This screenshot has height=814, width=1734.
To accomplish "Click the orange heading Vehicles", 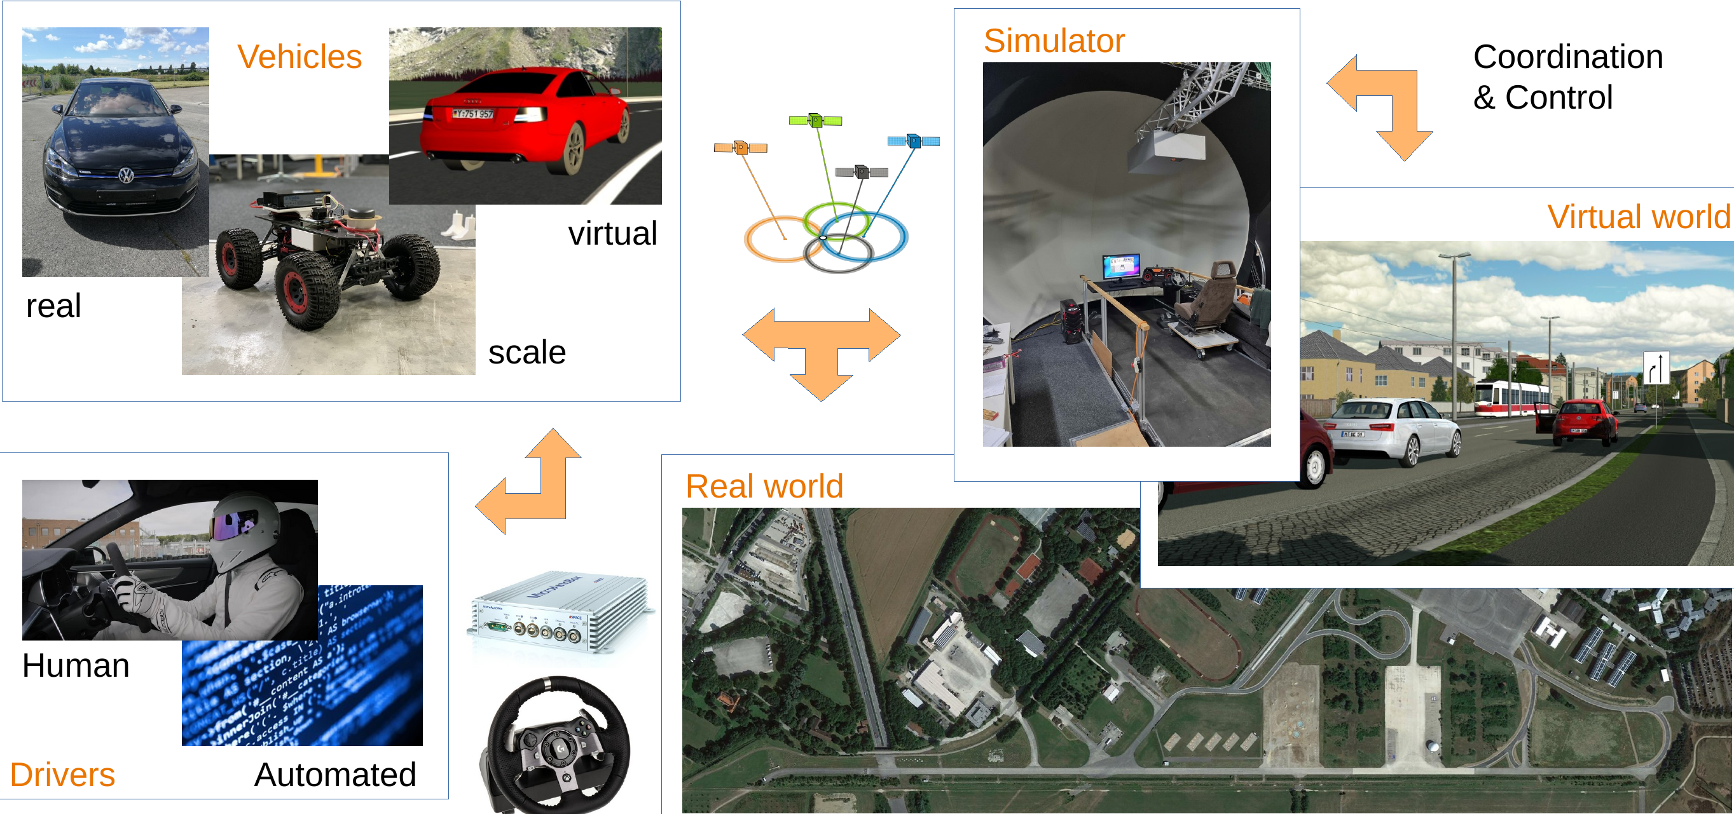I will (x=299, y=57).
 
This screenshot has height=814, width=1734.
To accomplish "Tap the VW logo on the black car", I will (x=126, y=176).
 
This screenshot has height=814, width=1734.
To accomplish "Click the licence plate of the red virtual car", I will (x=473, y=114).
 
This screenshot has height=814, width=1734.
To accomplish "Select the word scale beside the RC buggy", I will (x=527, y=353).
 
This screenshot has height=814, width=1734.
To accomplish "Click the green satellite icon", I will (x=815, y=121).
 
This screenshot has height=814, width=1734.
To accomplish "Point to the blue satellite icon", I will (x=914, y=141).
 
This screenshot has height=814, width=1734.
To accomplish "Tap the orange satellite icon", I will (x=740, y=148).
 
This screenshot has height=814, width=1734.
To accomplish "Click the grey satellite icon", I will (x=862, y=172).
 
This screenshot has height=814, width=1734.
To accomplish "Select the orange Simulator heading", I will (x=1054, y=41).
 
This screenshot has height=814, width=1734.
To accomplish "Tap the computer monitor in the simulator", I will (x=1121, y=266).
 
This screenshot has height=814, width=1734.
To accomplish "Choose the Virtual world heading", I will (x=1639, y=217).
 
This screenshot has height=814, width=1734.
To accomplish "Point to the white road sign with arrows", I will (x=1656, y=368).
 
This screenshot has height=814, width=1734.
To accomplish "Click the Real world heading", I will (x=764, y=485).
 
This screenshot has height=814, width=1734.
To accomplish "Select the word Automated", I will (x=335, y=775).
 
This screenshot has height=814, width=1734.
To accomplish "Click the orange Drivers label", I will (x=62, y=775).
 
